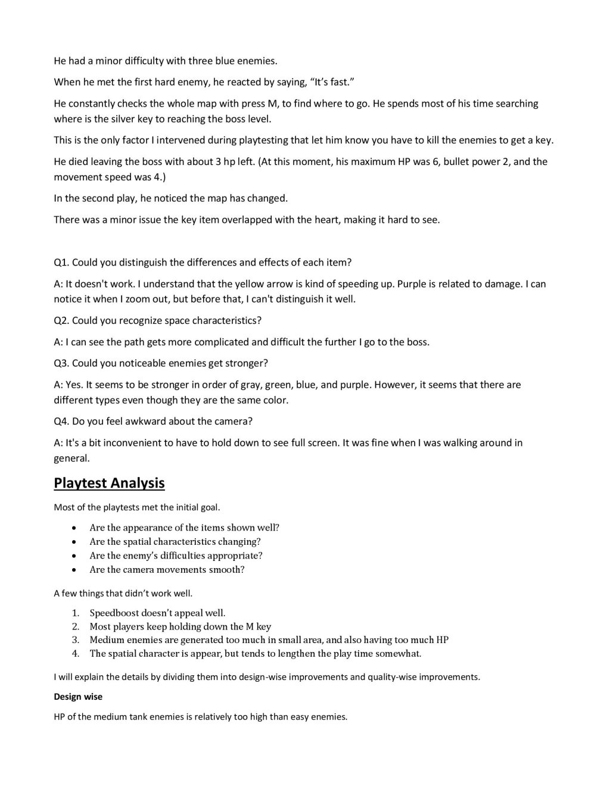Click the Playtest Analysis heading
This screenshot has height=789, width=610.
(x=109, y=483)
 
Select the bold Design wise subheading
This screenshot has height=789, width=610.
(x=78, y=696)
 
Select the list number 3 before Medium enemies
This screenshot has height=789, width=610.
(x=76, y=640)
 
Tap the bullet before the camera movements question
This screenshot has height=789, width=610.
(x=73, y=570)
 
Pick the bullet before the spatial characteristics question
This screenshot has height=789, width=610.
(x=73, y=542)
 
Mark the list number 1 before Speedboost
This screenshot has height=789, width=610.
(x=76, y=613)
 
